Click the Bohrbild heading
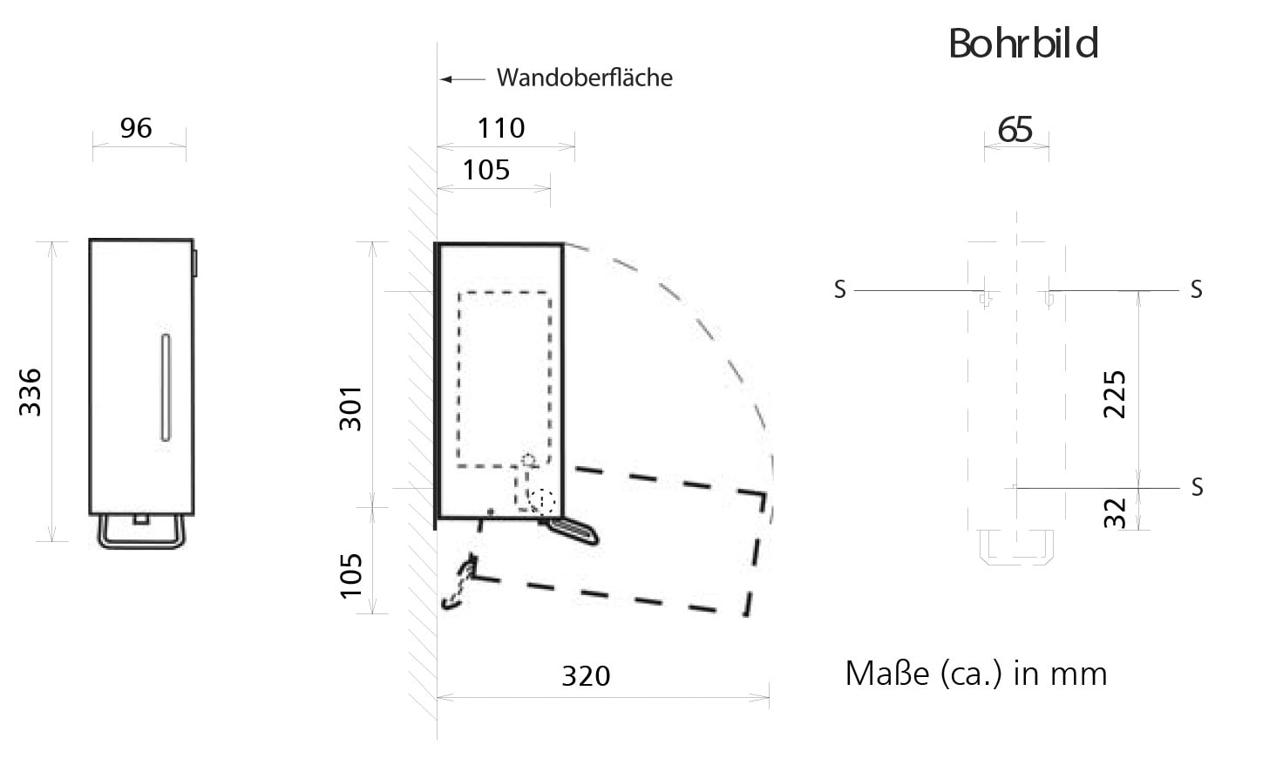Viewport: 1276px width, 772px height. (1023, 44)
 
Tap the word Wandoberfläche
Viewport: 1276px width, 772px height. (585, 78)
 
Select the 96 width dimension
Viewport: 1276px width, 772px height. (136, 128)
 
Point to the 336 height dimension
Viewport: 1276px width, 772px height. (31, 392)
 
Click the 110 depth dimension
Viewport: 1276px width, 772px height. (500, 128)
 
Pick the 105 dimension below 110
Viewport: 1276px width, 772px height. (485, 170)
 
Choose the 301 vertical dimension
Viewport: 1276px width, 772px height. (350, 408)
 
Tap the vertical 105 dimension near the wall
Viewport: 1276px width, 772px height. (351, 576)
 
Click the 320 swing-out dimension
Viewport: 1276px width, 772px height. (587, 676)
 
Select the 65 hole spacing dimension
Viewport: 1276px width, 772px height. (1015, 130)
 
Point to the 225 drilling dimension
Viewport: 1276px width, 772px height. (1115, 395)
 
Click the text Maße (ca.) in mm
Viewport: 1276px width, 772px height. (976, 674)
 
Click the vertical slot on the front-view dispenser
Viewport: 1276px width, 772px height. (166, 387)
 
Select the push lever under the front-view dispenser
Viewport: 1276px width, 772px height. (141, 532)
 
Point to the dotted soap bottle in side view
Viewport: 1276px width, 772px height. (504, 379)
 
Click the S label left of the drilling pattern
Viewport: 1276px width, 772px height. (839, 290)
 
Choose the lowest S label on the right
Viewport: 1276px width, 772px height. (1197, 488)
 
